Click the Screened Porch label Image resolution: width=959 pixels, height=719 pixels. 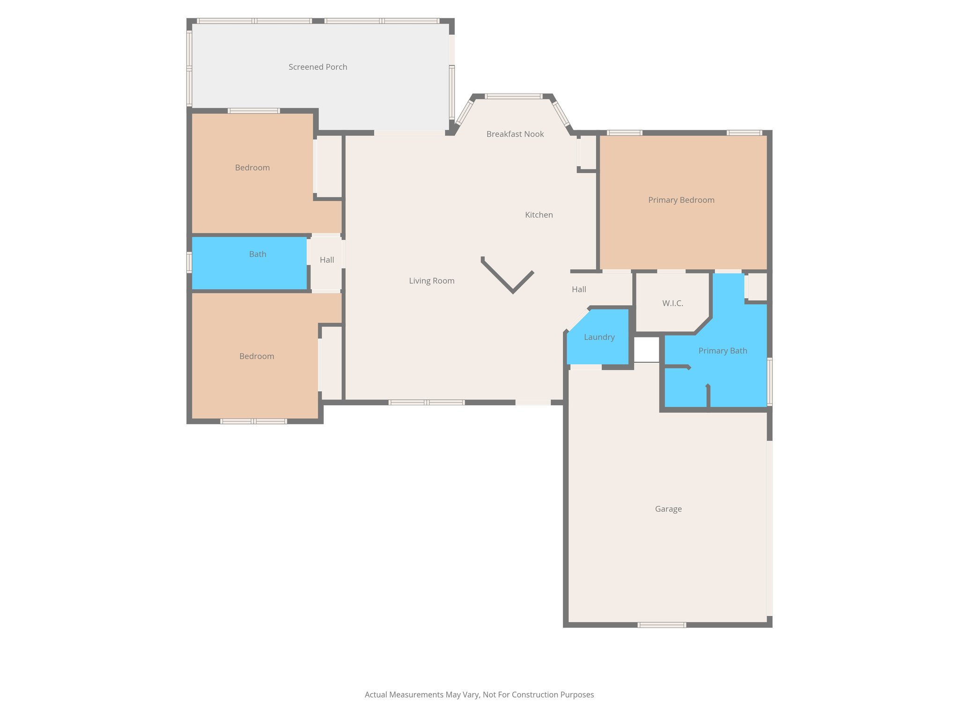318,67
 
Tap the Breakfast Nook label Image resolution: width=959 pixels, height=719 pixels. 515,134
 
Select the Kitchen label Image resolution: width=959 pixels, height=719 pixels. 539,215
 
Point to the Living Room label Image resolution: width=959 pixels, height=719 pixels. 431,281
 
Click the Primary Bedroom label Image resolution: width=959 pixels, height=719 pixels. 681,200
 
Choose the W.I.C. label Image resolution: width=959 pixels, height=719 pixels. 672,303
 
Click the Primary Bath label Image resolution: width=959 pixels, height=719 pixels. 723,351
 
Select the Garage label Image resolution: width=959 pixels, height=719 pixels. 668,509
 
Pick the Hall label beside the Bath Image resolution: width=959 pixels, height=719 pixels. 327,260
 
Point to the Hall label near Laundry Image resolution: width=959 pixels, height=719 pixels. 579,289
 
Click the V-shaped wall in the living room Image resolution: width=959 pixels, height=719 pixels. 512,290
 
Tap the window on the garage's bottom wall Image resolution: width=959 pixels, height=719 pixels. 662,624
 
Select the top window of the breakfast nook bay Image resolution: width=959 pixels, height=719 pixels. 513,96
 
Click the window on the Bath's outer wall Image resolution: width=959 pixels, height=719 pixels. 189,262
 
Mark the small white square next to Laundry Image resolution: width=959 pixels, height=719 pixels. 647,349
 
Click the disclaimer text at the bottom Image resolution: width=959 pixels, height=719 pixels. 479,695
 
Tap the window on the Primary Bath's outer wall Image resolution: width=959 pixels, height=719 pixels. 769,381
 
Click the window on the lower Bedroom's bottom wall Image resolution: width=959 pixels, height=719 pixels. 254,421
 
